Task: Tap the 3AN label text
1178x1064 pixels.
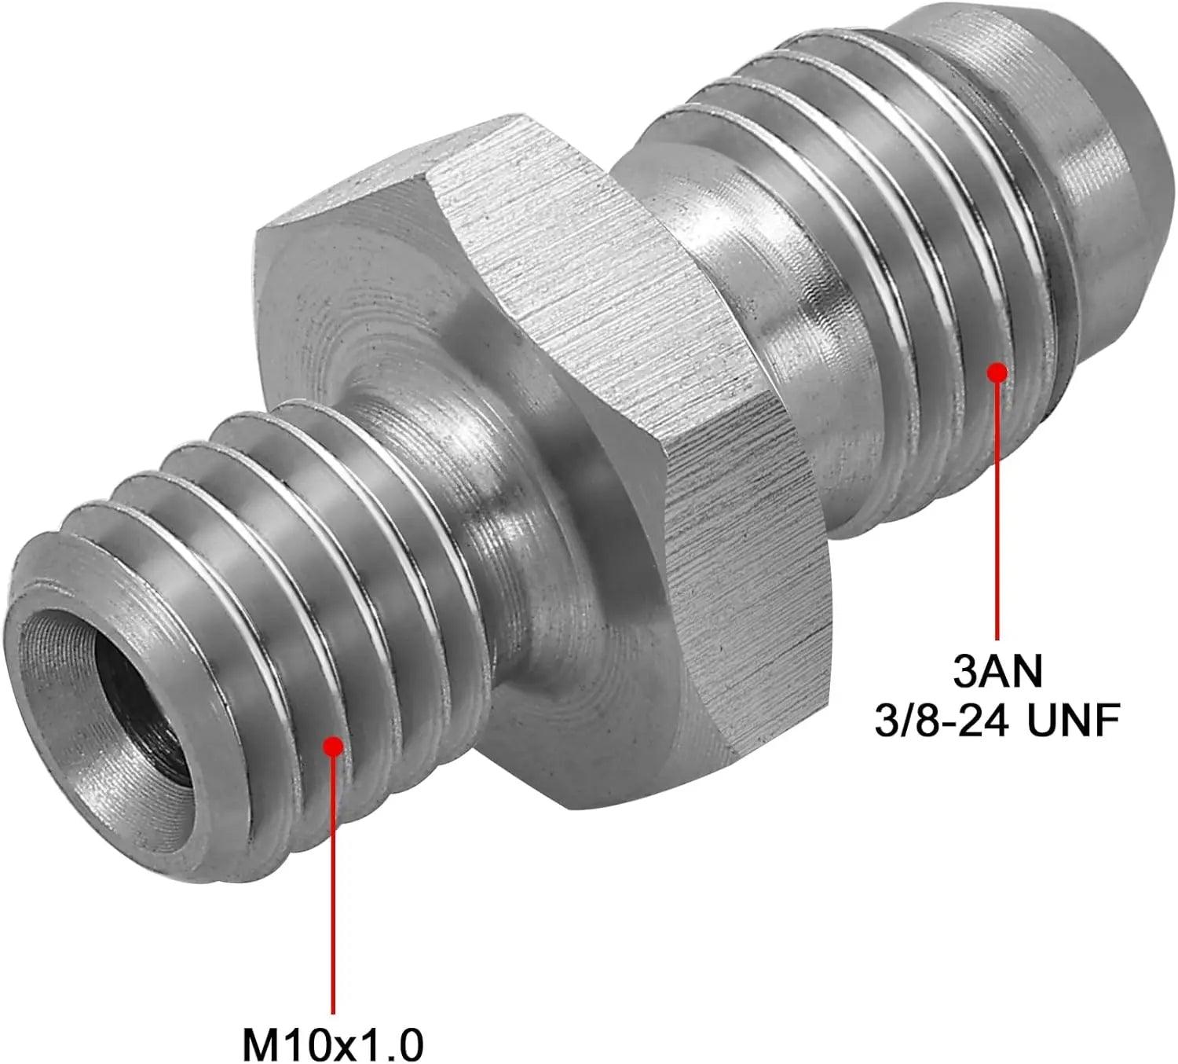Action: (x=997, y=671)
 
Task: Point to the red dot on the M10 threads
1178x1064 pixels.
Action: (x=333, y=745)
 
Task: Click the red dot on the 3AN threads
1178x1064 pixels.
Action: (x=997, y=372)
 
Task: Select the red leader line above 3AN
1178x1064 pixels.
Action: (x=997, y=511)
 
